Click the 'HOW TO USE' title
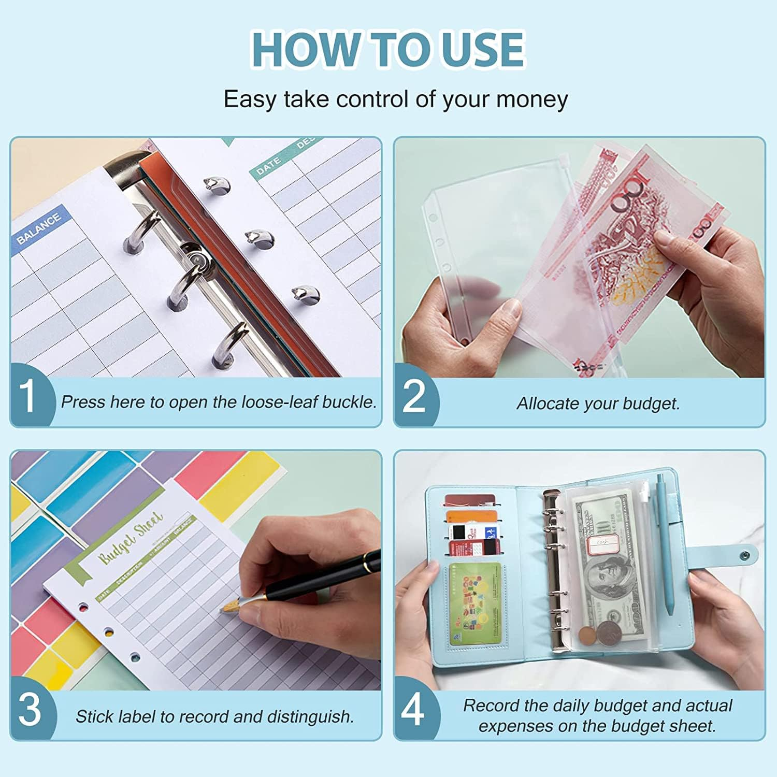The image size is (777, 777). [388, 49]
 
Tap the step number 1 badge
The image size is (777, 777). [28, 396]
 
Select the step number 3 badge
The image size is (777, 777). [29, 709]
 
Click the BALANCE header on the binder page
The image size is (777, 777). [38, 228]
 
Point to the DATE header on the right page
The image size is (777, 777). [268, 166]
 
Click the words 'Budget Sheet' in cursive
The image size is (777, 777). [131, 539]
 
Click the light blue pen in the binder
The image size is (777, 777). [665, 544]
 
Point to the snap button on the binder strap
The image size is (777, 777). [745, 556]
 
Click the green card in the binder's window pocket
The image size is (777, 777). [474, 604]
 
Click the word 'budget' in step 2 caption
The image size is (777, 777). [650, 404]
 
